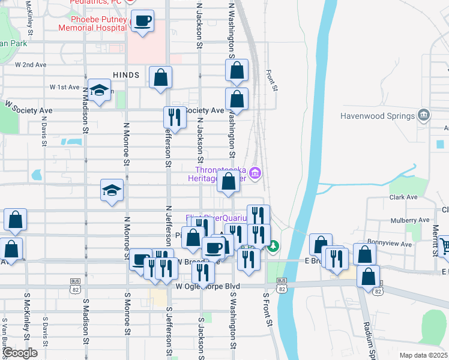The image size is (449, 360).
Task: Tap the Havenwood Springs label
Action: coord(378,115)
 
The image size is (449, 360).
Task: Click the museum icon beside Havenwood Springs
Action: coord(424,115)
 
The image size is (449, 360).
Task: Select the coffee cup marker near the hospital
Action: coord(142,22)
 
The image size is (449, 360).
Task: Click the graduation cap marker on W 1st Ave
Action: coord(99,91)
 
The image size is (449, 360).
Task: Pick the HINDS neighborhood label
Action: coord(125,75)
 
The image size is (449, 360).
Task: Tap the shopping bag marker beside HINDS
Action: coord(160,77)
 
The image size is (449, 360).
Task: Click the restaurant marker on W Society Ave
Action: coord(175,117)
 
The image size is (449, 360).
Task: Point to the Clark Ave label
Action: coord(403,197)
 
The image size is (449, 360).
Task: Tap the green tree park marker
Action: coord(273,245)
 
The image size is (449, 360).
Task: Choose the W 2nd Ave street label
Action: coord(31,64)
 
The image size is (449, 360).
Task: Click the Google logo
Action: coord(20,353)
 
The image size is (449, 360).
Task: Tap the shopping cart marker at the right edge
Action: coord(445,245)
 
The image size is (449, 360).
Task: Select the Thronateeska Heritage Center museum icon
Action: coord(255,174)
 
